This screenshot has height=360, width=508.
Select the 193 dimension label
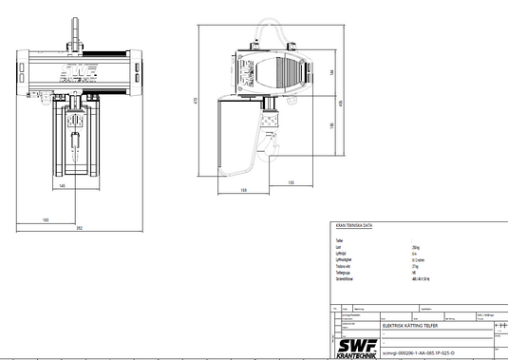[45, 218]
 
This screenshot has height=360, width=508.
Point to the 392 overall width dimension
[80, 229]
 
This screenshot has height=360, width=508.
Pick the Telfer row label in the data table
[339, 240]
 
